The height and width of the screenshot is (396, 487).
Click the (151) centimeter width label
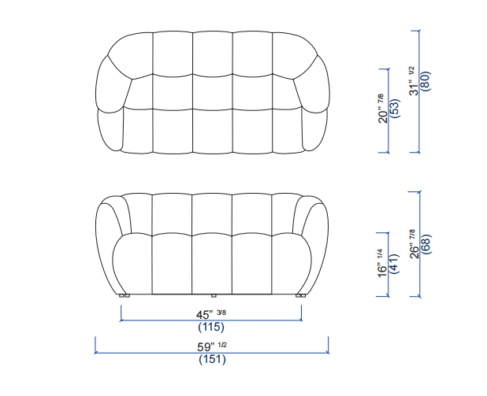coord(212,359)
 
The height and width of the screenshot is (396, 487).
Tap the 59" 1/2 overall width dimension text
coord(212,346)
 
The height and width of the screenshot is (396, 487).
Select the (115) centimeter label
coord(211,327)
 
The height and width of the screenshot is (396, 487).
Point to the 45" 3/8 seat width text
coord(211,314)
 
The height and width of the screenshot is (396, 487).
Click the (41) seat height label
coord(394,264)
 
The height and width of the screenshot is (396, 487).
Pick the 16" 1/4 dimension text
coord(381,263)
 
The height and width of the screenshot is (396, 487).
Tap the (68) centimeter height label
coord(426,244)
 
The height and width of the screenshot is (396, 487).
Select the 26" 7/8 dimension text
coord(415,244)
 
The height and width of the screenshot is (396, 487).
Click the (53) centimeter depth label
coord(395,109)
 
